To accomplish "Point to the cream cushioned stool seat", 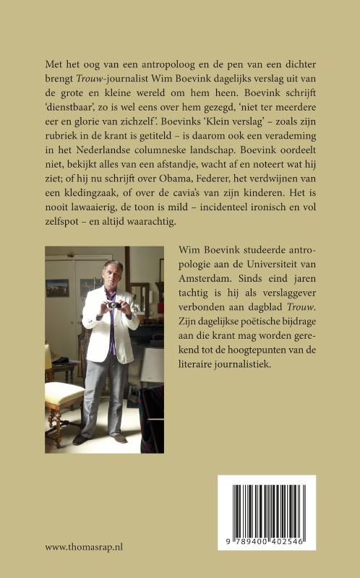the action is [65, 393].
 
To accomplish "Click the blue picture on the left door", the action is [57, 287].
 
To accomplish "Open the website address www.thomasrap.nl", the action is [84, 546].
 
